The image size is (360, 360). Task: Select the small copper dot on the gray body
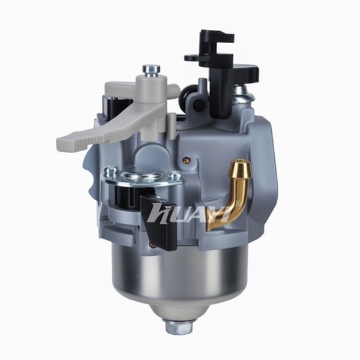click(186, 160)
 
